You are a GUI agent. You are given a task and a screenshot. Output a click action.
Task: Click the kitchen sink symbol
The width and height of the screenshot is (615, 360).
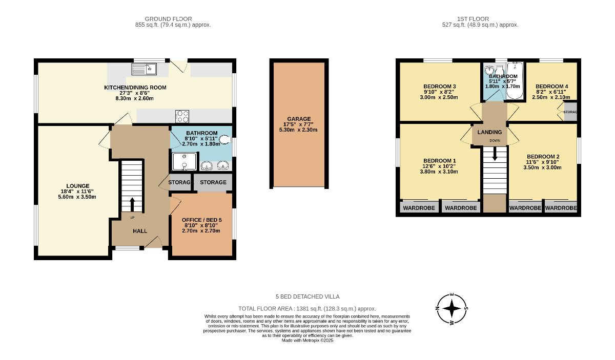coord(144,69)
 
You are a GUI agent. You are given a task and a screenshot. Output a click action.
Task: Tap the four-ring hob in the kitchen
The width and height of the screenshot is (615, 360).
coord(182,116)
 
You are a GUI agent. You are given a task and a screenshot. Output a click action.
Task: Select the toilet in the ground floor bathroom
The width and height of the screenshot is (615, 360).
coord(225,139)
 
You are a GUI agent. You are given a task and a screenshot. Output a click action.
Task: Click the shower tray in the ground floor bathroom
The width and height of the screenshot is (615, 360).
coord(184,161)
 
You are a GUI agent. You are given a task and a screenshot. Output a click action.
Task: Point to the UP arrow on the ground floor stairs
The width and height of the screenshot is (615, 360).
coord(132,204)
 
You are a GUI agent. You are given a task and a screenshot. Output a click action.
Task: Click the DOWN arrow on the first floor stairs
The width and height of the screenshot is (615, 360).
coord(495,154)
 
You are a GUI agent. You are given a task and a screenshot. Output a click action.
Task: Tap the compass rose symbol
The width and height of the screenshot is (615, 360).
coord(452,309)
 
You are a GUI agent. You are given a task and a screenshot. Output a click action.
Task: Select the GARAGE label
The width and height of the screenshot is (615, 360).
coord(299,119)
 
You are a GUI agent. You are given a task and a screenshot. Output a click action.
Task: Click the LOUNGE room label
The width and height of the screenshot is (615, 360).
coord(78,186)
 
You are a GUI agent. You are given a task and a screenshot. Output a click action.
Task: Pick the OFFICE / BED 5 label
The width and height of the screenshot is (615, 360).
coord(202,220)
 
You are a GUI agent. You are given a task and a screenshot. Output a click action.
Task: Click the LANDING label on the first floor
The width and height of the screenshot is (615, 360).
coord(489,132)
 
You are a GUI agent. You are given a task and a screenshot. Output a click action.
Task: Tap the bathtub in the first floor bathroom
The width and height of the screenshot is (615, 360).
coord(515,81)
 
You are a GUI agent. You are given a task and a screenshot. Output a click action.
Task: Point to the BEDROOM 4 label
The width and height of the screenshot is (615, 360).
coord(551,87)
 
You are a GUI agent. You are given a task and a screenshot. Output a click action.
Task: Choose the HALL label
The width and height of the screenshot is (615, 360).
coord(140,231)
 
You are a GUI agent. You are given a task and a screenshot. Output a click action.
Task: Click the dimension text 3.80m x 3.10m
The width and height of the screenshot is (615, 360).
coord(439,172)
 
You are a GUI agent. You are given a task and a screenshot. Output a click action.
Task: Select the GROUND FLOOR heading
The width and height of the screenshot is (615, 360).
coord(168,19)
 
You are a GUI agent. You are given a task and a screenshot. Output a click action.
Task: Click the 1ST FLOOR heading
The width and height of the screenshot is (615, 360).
coord(473,19)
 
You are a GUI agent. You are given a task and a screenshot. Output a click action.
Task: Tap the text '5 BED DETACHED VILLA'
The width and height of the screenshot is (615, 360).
coord(307,297)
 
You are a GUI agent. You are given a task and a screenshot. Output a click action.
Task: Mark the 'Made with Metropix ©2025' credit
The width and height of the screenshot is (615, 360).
coord(307,341)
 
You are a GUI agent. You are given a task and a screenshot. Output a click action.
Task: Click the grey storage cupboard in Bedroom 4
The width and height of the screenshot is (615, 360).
coord(570,112)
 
